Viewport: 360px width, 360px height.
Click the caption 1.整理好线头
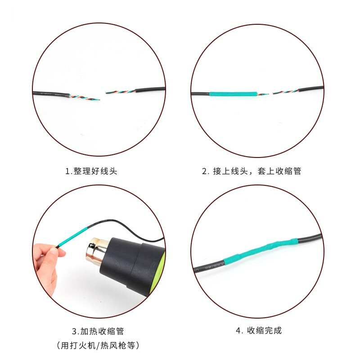tap(91, 171)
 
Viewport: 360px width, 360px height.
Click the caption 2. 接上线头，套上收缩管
tap(252, 171)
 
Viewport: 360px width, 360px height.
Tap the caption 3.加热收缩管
tap(98, 331)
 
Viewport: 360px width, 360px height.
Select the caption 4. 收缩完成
tap(258, 331)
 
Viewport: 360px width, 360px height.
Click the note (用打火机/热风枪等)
tap(98, 345)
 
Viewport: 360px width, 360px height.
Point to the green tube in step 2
tap(233, 94)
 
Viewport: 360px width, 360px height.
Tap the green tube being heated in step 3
tap(73, 237)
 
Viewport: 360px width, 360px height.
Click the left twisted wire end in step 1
tap(85, 97)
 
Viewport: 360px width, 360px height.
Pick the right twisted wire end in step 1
tap(121, 92)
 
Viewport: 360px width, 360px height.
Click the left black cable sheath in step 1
tap(51, 94)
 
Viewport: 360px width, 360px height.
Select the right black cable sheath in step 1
tap(150, 89)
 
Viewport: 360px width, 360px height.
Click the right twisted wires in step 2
tap(285, 92)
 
